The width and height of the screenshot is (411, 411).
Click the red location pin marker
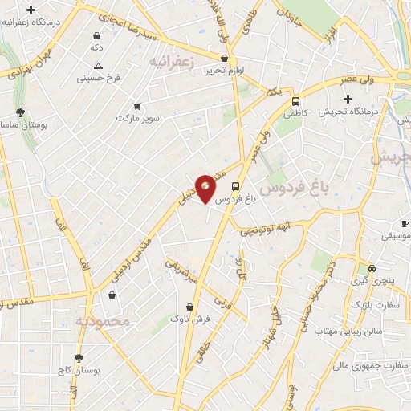coord(205,188)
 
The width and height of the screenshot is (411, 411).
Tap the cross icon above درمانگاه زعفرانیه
coord(31,10)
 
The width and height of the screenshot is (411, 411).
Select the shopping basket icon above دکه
coord(97,36)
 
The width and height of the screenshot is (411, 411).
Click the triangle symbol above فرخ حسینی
coord(98,66)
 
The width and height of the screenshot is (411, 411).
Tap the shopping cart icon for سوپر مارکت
coord(137,106)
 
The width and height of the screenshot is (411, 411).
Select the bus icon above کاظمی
coord(296,102)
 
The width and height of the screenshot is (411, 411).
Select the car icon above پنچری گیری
coord(371,268)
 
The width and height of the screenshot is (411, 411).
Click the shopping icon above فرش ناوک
coord(189,306)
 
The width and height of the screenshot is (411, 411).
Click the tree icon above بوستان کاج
coord(78,358)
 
